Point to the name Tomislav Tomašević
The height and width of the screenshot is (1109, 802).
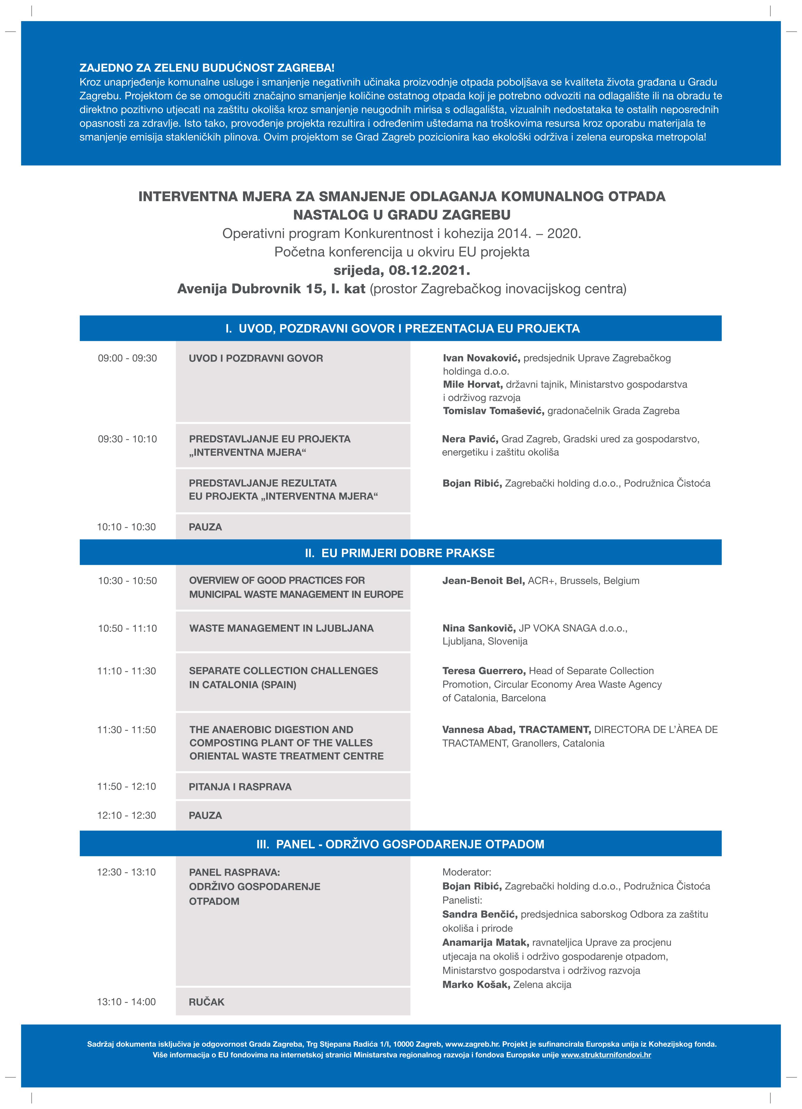(493, 411)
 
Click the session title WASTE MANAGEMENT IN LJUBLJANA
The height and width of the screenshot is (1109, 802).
(281, 628)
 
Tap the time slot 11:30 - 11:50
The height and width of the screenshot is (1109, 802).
(127, 730)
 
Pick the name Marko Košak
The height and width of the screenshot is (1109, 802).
(476, 985)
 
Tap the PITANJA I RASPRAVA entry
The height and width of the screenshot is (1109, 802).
(240, 787)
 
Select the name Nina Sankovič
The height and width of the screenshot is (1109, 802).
(479, 628)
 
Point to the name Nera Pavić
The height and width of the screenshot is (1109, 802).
(470, 439)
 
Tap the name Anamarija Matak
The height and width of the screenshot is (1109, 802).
(485, 943)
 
